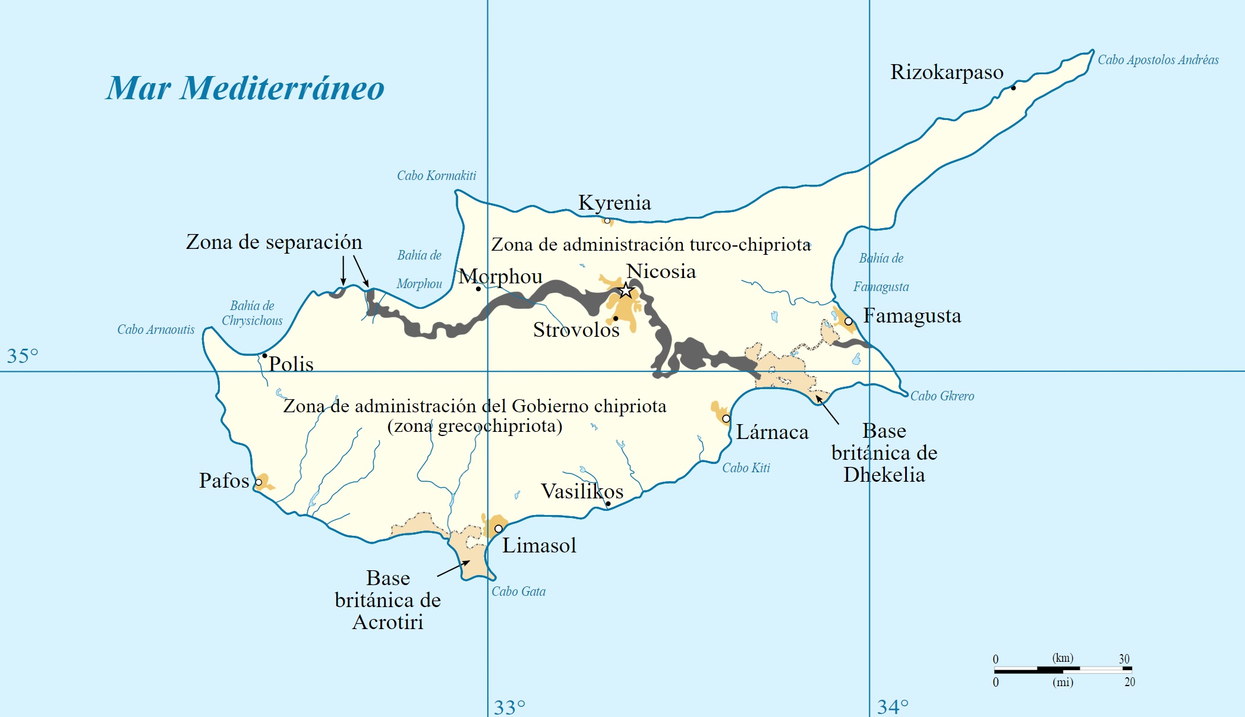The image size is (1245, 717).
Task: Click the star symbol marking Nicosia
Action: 626,290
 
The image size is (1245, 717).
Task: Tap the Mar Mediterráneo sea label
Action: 245,89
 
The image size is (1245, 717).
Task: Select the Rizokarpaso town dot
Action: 1013,88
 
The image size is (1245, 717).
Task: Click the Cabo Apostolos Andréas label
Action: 1158,60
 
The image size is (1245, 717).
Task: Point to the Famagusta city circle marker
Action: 849,321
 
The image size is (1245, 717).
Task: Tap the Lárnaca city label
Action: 772,432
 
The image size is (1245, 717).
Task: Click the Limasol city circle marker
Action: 499,529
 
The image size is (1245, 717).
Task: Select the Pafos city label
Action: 224,481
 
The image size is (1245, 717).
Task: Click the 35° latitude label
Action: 23,356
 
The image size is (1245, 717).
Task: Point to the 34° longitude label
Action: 893,707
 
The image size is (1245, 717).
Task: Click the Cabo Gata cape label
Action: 518,592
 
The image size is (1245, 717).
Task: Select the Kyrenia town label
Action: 614,203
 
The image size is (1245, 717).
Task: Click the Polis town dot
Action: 264,356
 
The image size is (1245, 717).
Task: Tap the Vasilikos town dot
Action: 608,504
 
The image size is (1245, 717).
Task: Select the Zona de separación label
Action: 274,242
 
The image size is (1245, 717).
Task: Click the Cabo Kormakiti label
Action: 436,176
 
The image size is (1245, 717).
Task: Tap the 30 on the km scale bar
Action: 1124,659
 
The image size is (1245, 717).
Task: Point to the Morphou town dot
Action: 478,289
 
